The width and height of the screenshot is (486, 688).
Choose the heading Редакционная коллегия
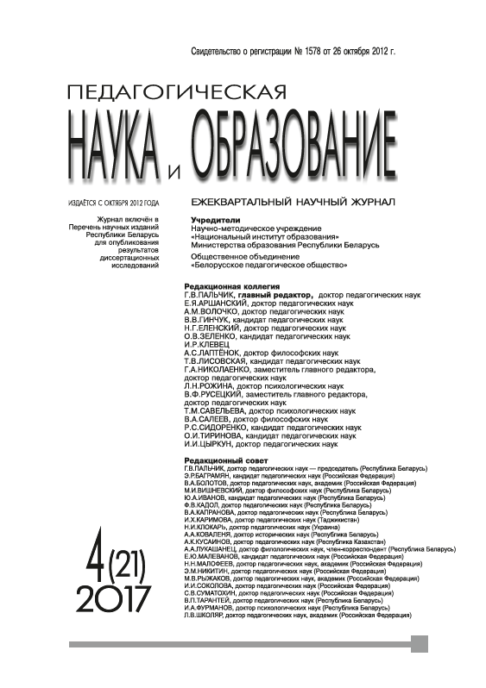coord(232,285)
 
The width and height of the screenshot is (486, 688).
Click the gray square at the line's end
coord(420,643)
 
